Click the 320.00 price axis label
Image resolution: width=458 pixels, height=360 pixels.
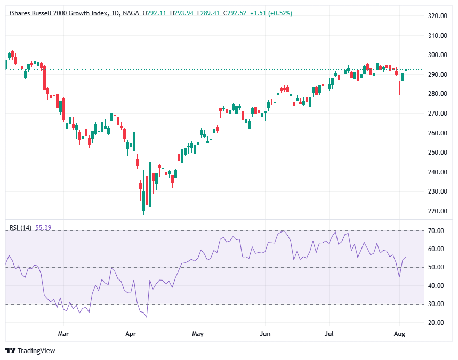click(437, 16)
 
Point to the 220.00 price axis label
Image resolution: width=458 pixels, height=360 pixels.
click(437, 211)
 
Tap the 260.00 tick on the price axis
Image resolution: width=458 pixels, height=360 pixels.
click(437, 133)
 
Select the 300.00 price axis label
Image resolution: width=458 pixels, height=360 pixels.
click(437, 55)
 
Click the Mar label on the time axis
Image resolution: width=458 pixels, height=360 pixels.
click(63, 334)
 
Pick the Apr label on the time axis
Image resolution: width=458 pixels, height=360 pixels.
click(130, 334)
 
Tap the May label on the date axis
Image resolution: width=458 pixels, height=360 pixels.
click(198, 334)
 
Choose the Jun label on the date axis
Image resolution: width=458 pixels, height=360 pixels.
click(264, 334)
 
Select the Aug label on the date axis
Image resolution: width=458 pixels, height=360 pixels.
click(399, 334)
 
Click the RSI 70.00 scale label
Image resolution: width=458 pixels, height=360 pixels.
click(436, 230)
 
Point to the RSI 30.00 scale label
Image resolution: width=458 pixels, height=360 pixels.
click(436, 304)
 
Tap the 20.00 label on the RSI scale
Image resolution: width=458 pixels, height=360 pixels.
click(436, 323)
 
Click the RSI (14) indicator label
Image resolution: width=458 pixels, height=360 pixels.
click(21, 228)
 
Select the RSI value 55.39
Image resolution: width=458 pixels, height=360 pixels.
click(43, 228)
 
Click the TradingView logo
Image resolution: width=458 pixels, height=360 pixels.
click(30, 350)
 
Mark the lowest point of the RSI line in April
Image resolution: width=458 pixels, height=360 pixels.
click(146, 317)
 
